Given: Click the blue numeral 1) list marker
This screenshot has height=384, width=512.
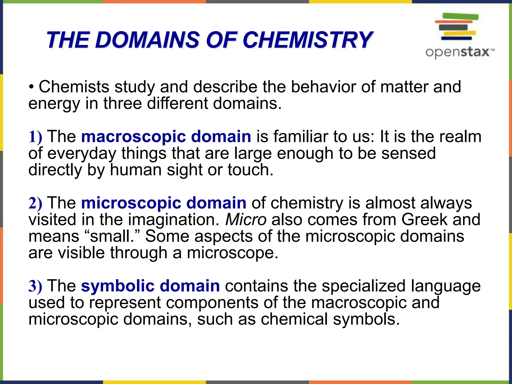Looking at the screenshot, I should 35,137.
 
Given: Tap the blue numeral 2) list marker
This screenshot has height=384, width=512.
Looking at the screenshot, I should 35,203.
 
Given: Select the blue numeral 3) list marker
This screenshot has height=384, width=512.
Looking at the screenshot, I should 35,286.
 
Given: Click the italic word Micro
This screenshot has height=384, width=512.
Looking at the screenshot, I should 246,219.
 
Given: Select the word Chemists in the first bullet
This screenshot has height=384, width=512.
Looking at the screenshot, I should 74,87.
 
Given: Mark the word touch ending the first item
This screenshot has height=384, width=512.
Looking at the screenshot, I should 250,170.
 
